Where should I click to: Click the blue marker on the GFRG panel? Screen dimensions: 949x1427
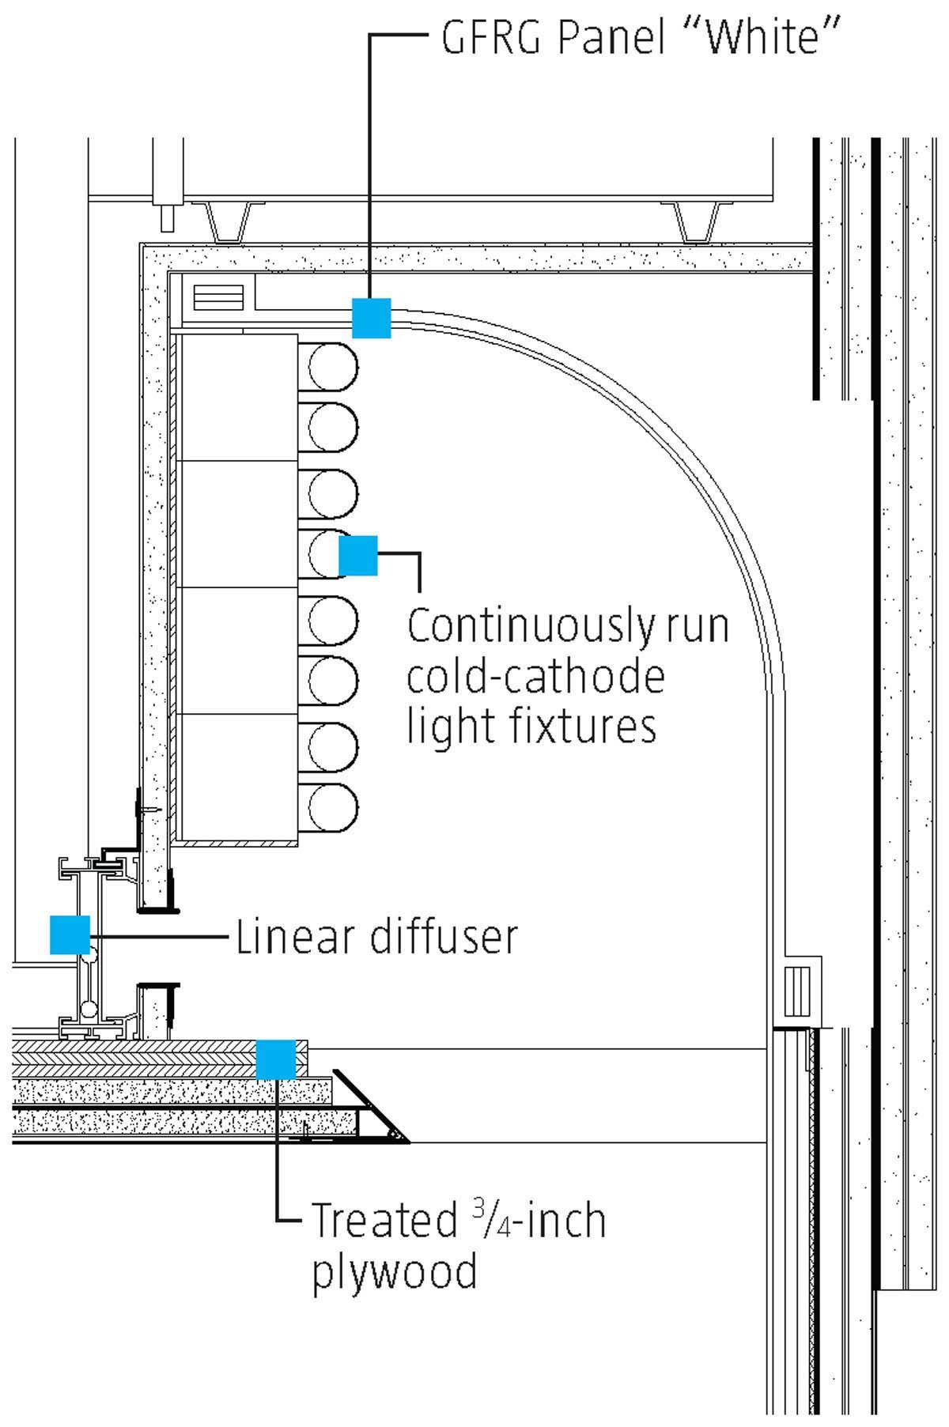(371, 318)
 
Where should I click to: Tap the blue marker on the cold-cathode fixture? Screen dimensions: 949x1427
(358, 555)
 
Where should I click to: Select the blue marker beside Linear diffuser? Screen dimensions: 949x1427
(70, 934)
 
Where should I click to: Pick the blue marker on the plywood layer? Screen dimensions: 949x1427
(276, 1059)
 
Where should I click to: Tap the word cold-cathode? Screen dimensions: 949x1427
(535, 677)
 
